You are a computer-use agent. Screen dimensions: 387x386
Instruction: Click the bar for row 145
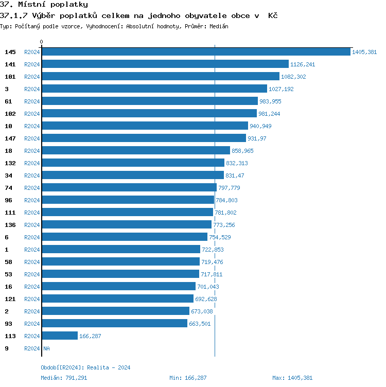point(196,52)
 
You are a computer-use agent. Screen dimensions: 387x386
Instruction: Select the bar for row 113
point(60,336)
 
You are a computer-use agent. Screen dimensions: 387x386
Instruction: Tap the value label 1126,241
point(303,64)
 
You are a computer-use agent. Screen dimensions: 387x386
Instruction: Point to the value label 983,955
point(270,101)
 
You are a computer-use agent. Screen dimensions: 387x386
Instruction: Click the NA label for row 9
point(46,348)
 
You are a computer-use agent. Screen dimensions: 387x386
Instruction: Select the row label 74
point(9,188)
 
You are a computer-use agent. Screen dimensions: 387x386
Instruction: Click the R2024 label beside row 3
point(32,89)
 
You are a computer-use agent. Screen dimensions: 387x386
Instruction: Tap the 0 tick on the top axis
point(42,42)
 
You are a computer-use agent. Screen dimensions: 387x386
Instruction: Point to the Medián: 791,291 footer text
point(64,378)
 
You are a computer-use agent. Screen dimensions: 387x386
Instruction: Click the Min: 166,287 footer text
point(188,378)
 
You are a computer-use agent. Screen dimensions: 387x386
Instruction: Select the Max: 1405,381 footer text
point(292,378)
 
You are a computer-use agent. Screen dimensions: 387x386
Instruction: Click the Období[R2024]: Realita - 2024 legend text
point(85,367)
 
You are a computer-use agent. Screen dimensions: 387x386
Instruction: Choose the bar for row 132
point(133,163)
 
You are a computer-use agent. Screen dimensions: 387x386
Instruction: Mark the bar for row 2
point(116,311)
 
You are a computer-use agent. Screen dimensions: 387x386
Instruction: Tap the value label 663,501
point(200,324)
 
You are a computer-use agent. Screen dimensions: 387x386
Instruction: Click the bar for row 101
point(161,77)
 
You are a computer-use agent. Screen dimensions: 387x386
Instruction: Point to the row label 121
point(10,299)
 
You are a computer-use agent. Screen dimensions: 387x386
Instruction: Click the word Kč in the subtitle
point(273,15)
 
